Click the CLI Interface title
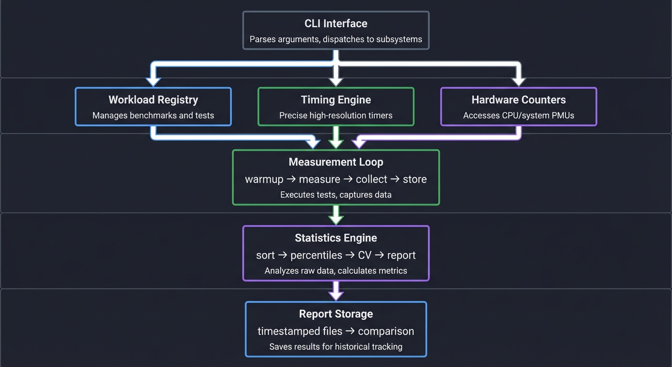click(x=336, y=23)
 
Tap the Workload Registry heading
click(x=153, y=100)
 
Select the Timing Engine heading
click(x=336, y=100)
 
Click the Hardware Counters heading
click(x=518, y=100)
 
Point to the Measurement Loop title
click(x=336, y=162)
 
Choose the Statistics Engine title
click(x=336, y=238)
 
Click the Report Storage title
click(x=336, y=314)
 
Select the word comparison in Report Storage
click(x=386, y=331)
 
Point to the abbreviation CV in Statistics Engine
click(x=365, y=255)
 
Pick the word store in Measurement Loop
click(x=414, y=180)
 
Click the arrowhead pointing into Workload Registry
click(x=153, y=81)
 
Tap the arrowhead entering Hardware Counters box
click(x=518, y=81)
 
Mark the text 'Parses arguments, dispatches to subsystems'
click(x=336, y=39)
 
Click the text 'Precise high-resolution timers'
click(x=336, y=115)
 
